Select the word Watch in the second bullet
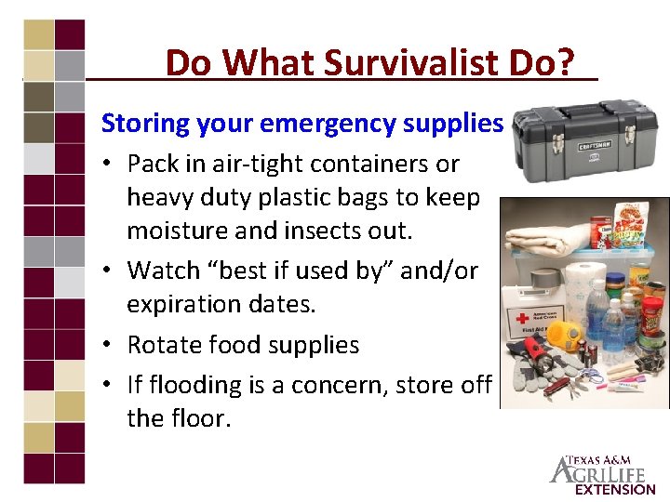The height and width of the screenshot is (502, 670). click(x=163, y=271)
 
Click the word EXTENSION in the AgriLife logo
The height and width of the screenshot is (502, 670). click(x=614, y=489)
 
